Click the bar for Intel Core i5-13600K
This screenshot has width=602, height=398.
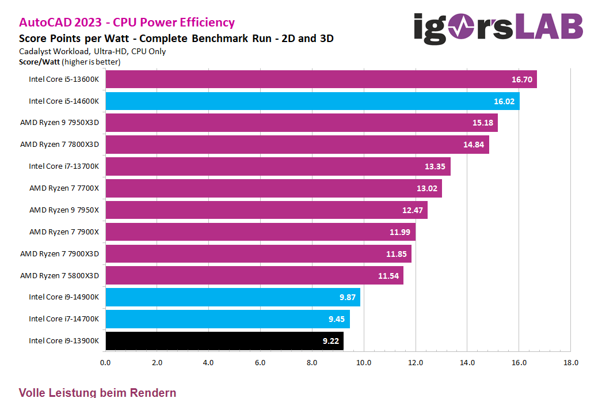pos(321,79)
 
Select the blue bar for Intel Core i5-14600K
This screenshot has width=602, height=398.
pos(312,101)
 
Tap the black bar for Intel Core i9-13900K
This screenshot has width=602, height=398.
pos(224,340)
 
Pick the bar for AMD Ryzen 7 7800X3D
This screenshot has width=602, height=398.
pos(297,145)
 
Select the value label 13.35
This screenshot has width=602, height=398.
pos(435,166)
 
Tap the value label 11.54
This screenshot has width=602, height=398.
pos(388,276)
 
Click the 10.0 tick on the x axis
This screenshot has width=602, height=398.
pos(364,363)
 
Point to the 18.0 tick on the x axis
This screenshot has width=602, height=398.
pos(570,363)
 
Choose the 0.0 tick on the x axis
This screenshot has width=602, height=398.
pos(105,363)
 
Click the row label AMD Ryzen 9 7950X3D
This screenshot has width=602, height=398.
pos(59,123)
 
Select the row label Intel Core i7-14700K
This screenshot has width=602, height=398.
pos(64,319)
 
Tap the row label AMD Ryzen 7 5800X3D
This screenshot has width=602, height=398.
pos(59,275)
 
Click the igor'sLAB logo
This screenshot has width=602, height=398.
pos(498,28)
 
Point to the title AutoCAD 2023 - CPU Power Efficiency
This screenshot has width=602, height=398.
pos(127,22)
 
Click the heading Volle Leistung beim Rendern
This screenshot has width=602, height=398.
pos(97,393)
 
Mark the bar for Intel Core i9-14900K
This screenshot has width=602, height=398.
pos(233,297)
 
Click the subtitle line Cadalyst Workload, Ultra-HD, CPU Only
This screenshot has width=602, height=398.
pos(92,51)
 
